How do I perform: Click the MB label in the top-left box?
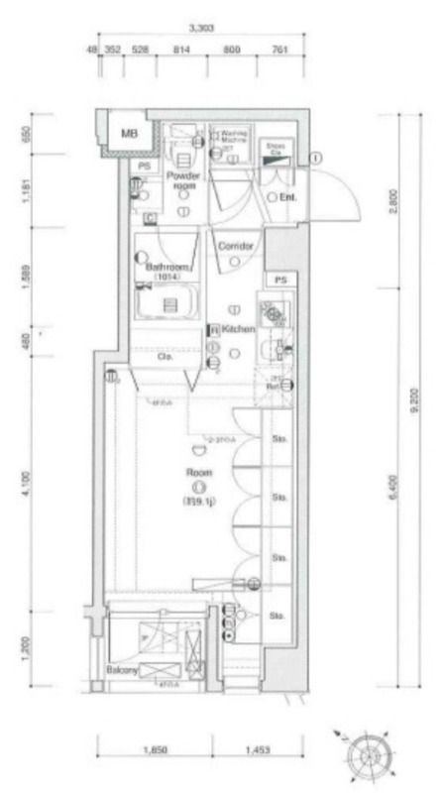point(130,132)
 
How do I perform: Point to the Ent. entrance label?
point(290,197)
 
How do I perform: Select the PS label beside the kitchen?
point(280,281)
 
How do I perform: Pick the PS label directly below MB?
point(144,166)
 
